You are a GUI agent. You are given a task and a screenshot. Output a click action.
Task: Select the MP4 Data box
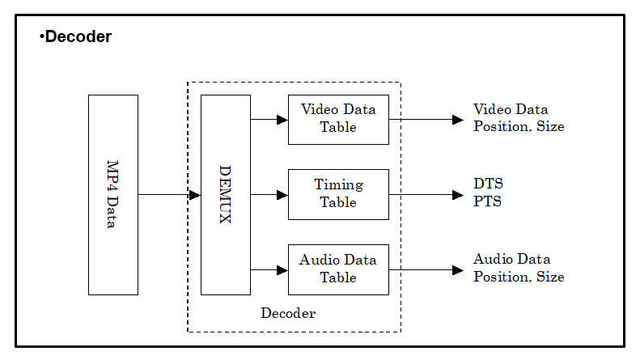(x=113, y=195)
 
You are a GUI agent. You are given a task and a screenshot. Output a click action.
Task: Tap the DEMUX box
(x=225, y=195)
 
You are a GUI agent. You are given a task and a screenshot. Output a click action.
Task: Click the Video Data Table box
(x=338, y=120)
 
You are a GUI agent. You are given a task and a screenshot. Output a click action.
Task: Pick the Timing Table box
(x=338, y=195)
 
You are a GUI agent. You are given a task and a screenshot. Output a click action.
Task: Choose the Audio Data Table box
(x=338, y=269)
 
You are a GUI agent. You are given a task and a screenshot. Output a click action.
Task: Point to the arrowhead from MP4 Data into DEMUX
(x=195, y=195)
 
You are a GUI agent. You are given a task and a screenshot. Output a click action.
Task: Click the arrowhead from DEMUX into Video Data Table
(x=282, y=120)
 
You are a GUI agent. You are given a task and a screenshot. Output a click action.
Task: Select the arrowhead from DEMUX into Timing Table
(x=282, y=195)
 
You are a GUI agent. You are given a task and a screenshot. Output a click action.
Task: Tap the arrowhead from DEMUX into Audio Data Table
(x=282, y=269)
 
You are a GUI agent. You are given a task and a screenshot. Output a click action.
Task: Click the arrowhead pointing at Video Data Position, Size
(x=458, y=120)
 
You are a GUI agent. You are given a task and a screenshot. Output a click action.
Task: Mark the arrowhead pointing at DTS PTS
(x=458, y=195)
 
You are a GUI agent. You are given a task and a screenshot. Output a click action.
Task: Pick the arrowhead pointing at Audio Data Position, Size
(x=458, y=269)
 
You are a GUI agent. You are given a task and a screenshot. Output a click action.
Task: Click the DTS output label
(x=488, y=184)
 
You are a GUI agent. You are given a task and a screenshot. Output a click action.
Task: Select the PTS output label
(x=487, y=201)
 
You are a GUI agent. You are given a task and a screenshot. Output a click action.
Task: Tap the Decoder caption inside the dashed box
(x=288, y=313)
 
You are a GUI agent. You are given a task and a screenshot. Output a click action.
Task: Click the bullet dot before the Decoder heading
(x=41, y=36)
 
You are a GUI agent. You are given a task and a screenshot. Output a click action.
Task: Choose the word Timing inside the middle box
(x=339, y=185)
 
